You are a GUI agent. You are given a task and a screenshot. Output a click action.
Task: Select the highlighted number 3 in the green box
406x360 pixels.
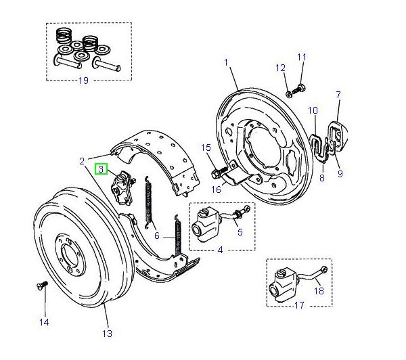(101, 168)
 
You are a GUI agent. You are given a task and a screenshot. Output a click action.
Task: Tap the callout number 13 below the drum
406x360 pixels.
(107, 332)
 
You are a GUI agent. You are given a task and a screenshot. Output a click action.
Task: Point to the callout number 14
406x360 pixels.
(44, 322)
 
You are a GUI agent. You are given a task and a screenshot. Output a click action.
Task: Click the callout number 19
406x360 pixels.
(84, 81)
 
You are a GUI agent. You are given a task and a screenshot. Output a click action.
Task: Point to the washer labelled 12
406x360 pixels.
(289, 93)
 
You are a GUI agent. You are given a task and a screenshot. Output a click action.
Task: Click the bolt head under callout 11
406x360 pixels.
(301, 87)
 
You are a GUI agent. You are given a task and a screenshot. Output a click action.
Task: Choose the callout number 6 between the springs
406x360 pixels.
(157, 235)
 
